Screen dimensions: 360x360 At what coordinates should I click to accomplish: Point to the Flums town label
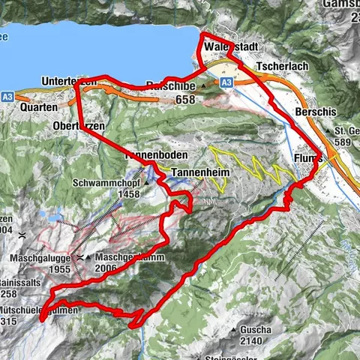coord(307,159)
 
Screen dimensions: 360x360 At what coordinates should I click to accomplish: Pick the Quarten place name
coord(40,107)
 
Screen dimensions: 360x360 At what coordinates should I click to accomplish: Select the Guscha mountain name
coord(252,330)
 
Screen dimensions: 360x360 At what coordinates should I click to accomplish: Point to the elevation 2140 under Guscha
coord(252,341)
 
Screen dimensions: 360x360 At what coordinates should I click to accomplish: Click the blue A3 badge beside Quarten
coord(7,96)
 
